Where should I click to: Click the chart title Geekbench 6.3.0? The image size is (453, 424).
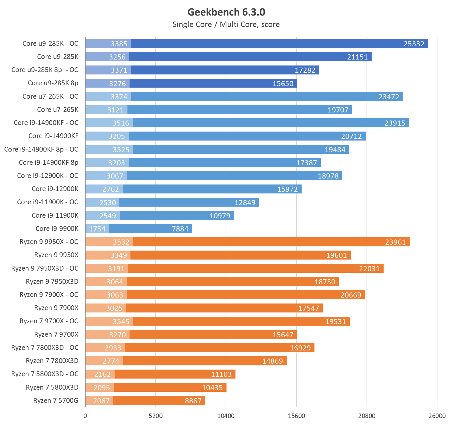(x=226, y=12)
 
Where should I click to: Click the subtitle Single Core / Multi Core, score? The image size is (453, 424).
(x=226, y=25)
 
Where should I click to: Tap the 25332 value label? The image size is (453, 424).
(x=414, y=44)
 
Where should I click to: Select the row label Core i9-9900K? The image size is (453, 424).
(x=57, y=229)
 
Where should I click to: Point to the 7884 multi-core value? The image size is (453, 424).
(x=180, y=229)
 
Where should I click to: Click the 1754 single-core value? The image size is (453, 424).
(x=97, y=229)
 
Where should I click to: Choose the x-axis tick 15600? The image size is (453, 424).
(x=296, y=416)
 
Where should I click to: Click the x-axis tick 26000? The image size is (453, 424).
(x=437, y=416)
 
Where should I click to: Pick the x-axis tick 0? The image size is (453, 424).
(x=85, y=416)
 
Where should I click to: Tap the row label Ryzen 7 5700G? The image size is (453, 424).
(x=56, y=401)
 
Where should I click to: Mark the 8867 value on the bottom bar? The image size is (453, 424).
(x=193, y=401)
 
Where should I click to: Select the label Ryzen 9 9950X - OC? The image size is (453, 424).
(x=49, y=242)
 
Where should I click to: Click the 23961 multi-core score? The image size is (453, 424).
(x=395, y=242)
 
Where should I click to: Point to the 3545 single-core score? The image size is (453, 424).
(x=121, y=322)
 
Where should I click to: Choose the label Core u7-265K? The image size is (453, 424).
(x=58, y=110)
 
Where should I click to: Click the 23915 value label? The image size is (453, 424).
(x=395, y=123)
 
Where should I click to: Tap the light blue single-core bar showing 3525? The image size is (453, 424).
(x=109, y=150)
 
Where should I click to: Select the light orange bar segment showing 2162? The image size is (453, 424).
(x=100, y=374)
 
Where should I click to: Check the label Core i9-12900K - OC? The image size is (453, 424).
(x=48, y=176)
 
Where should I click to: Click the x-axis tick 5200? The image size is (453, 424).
(x=156, y=416)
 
